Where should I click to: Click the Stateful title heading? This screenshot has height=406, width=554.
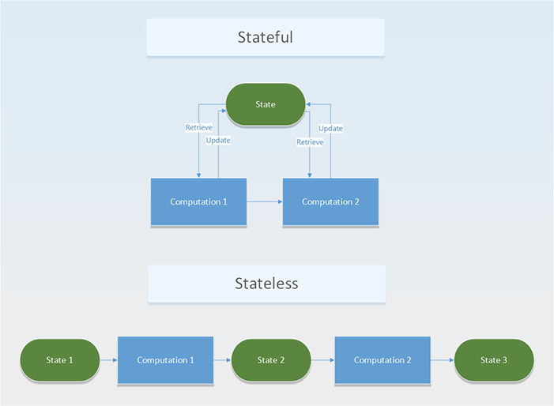[x=266, y=37]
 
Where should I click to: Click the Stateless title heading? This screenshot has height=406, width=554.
[x=266, y=283]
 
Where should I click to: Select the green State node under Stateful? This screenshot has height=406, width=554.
[x=266, y=104]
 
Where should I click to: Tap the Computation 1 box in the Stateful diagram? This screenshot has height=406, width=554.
[x=198, y=202]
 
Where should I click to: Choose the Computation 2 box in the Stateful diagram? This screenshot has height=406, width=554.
[x=330, y=202]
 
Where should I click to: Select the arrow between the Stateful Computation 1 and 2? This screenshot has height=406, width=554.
[x=265, y=202]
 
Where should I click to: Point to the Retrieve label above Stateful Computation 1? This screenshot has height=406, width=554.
[x=198, y=127]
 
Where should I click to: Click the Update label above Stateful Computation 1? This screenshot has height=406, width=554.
[x=218, y=141]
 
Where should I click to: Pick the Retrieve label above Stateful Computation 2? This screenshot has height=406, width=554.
[x=309, y=142]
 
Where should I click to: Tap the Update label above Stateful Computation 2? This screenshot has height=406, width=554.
[x=330, y=128]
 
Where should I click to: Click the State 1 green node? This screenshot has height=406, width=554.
[x=59, y=360]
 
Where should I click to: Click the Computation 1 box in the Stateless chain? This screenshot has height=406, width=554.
[x=165, y=360]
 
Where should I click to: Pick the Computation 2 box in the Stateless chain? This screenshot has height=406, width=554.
[x=383, y=360]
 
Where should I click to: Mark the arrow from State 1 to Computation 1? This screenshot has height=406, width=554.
[x=108, y=360]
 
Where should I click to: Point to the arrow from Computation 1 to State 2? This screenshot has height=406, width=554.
[x=222, y=360]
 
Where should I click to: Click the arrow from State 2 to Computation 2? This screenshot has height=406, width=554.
[x=322, y=360]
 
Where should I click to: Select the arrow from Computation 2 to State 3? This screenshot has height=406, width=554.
[x=443, y=360]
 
